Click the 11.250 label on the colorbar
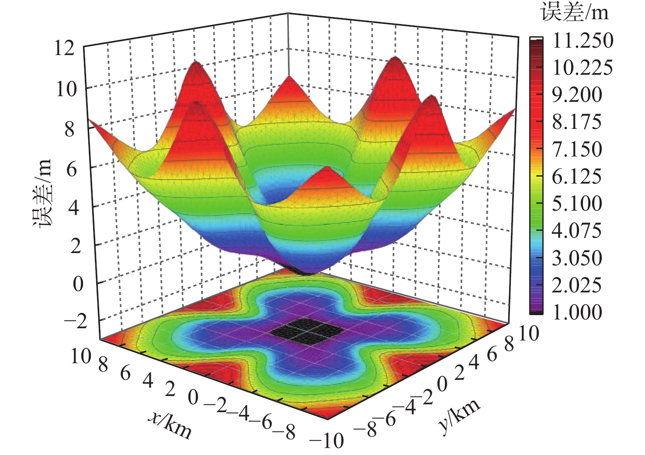point(583,41)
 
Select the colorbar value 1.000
point(577,312)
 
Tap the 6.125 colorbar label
point(577,177)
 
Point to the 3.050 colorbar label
point(577,258)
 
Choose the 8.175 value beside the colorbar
point(577,122)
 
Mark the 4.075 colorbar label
point(577,231)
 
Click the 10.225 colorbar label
point(583,68)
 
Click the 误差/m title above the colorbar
point(574,13)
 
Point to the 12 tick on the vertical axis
point(64,48)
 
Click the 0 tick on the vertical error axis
point(78,284)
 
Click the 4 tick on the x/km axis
point(148,381)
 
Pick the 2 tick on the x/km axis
point(170,389)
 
